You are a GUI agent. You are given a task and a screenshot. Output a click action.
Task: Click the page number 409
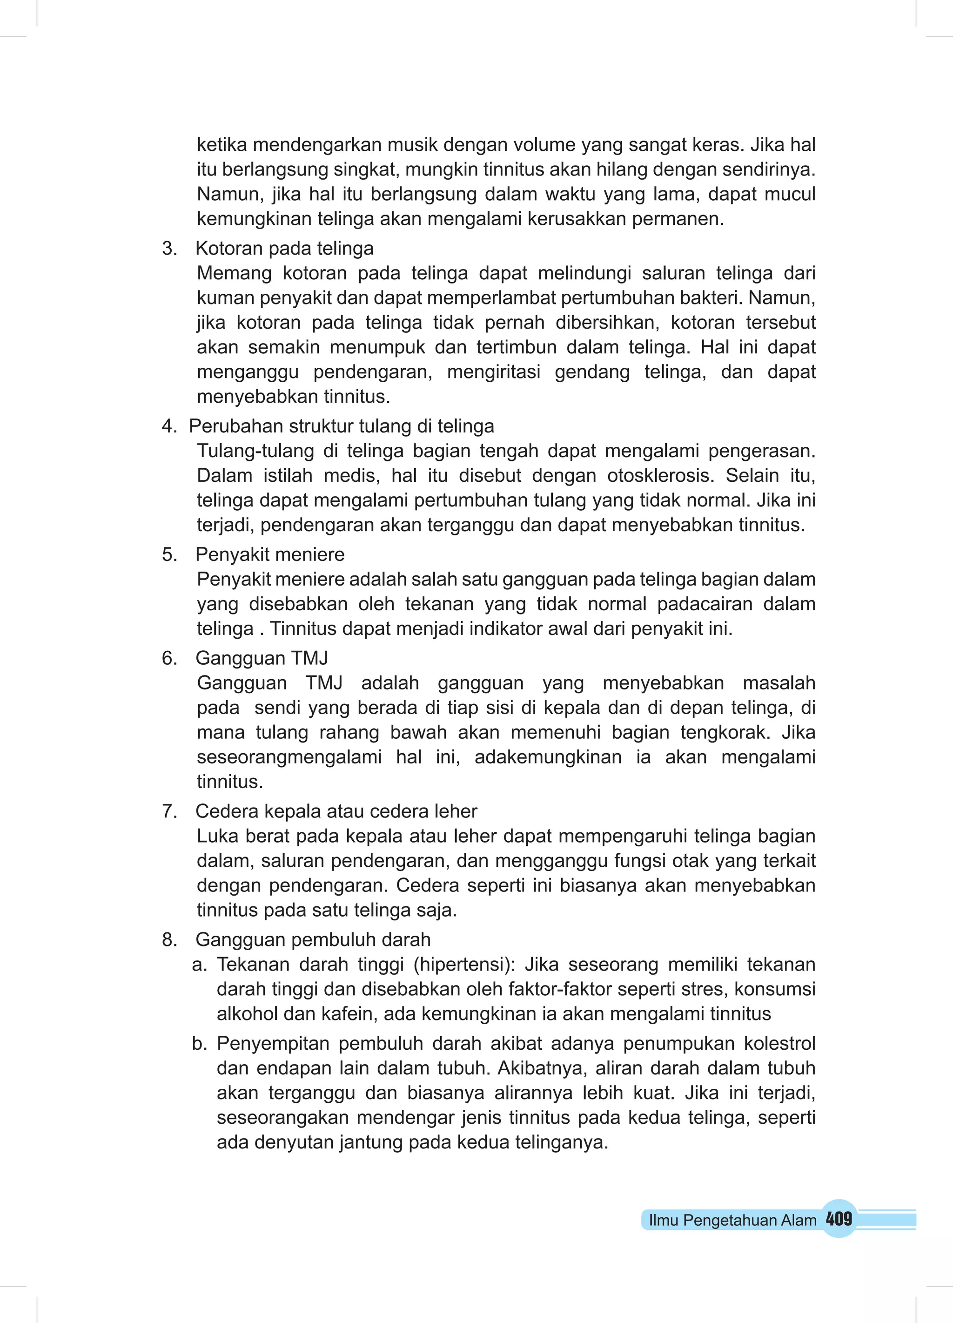pos(839,1219)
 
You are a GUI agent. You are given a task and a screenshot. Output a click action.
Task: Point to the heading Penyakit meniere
pos(269,554)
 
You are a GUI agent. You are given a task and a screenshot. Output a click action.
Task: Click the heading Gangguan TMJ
pos(262,658)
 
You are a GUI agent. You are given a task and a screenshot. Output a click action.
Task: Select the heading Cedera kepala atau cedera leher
pos(336,811)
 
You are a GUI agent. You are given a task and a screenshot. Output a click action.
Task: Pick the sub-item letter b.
pos(200,1044)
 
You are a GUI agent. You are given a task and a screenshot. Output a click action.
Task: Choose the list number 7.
pos(168,811)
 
